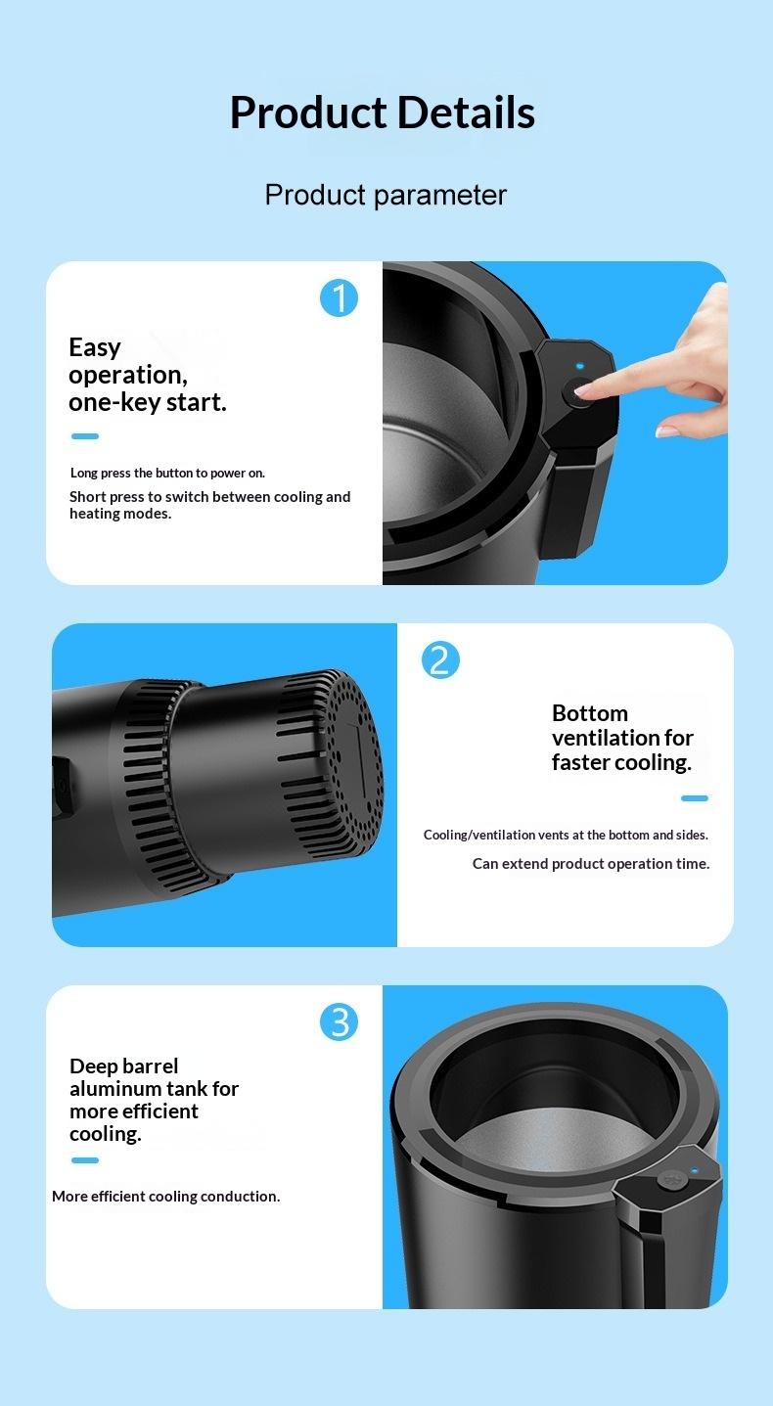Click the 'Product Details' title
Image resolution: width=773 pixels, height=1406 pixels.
[382, 113]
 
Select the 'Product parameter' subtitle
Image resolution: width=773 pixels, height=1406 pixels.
[386, 195]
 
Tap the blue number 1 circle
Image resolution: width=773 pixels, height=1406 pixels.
[340, 297]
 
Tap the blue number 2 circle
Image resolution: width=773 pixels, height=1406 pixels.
[440, 660]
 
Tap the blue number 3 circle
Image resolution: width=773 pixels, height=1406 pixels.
[340, 1022]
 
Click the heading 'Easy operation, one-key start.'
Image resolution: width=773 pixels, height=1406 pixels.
[147, 375]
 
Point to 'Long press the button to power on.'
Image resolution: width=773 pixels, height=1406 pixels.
[167, 474]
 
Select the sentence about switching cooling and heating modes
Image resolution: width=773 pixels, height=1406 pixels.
[209, 505]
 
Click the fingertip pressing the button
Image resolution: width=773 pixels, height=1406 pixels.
[586, 388]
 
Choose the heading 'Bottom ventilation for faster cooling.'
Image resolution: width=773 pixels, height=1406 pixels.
[622, 738]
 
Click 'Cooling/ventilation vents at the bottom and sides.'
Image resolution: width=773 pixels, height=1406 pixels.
[566, 835]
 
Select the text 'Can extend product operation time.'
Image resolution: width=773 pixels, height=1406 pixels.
[591, 864]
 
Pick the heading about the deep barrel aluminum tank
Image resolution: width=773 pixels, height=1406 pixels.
[154, 1100]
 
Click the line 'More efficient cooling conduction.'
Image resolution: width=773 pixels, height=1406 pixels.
[165, 1196]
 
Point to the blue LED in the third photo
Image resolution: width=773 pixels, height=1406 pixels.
[694, 1170]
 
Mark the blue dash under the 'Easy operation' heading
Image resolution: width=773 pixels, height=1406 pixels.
[85, 436]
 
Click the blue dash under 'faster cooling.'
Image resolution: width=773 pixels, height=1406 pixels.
[695, 798]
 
